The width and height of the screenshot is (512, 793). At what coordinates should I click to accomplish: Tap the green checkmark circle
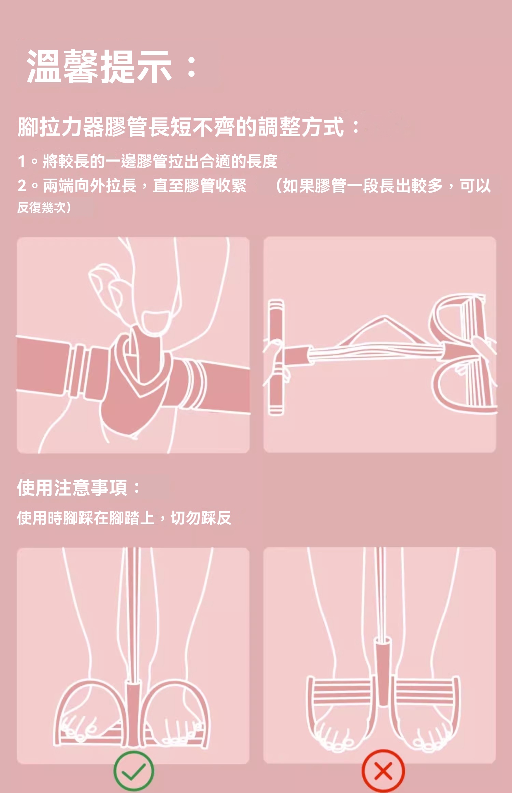click(133, 770)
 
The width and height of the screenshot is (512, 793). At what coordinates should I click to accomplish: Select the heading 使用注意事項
click(72, 487)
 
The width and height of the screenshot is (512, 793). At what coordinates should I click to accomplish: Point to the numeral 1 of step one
click(22, 162)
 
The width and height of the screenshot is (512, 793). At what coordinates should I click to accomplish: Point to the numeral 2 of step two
click(22, 186)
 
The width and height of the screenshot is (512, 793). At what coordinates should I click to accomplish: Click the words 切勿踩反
click(201, 518)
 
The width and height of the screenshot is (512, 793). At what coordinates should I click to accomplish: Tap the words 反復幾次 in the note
click(41, 207)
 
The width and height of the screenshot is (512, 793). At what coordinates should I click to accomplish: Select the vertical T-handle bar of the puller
click(276, 357)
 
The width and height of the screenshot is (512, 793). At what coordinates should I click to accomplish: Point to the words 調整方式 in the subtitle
click(301, 127)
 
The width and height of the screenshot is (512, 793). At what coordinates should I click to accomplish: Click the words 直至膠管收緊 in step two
click(200, 186)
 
